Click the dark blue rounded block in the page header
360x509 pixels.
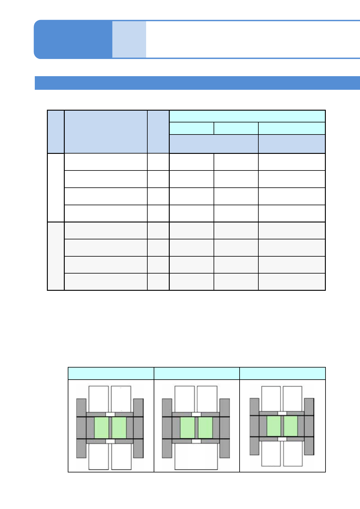tap(73, 39)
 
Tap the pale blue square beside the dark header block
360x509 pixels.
tap(129, 39)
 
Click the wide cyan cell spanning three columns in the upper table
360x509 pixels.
tap(247, 116)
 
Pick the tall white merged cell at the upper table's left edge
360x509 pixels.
tap(56, 187)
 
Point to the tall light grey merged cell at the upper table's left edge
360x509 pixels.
tap(56, 256)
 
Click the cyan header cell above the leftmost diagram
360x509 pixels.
tap(111, 373)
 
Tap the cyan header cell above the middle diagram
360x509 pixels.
tap(197, 373)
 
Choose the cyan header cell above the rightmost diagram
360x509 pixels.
tap(282, 373)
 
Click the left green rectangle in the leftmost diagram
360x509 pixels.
tap(101, 428)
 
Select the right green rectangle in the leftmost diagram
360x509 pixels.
tap(119, 428)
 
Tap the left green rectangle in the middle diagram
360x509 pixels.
tap(187, 428)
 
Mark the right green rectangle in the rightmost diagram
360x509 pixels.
tap(291, 426)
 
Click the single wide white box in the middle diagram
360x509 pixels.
tap(196, 456)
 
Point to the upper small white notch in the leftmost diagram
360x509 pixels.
tap(110, 414)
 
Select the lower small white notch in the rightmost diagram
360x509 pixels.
tap(282, 439)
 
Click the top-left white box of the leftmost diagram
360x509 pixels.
tap(98, 398)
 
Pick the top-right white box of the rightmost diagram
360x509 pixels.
tap(292, 398)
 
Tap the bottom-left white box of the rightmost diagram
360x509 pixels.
tap(271, 453)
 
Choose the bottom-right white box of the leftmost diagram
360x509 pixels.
tap(121, 456)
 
